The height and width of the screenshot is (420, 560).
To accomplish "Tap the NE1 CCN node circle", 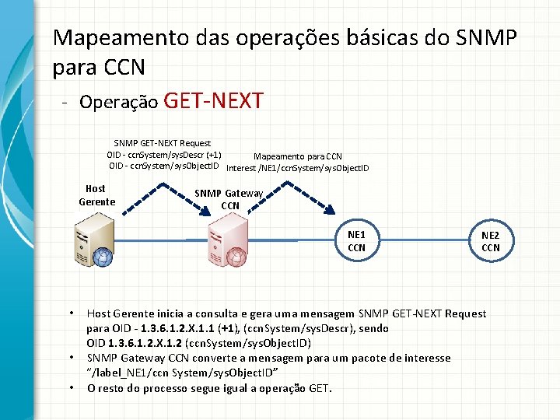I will [x=357, y=241].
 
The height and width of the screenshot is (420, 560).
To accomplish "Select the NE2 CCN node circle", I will [x=490, y=241].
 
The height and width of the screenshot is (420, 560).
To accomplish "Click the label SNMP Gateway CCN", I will [x=229, y=200].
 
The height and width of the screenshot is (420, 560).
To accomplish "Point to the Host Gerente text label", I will [x=96, y=195].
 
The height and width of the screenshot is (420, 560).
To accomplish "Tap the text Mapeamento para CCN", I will [x=297, y=156].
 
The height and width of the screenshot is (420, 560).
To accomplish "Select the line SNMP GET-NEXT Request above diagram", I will [x=162, y=143].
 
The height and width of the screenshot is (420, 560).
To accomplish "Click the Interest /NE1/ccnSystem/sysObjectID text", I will [x=297, y=167].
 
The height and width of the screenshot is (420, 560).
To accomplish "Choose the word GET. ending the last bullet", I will [x=317, y=388].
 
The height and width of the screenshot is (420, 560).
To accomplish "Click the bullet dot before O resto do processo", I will [x=71, y=387].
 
